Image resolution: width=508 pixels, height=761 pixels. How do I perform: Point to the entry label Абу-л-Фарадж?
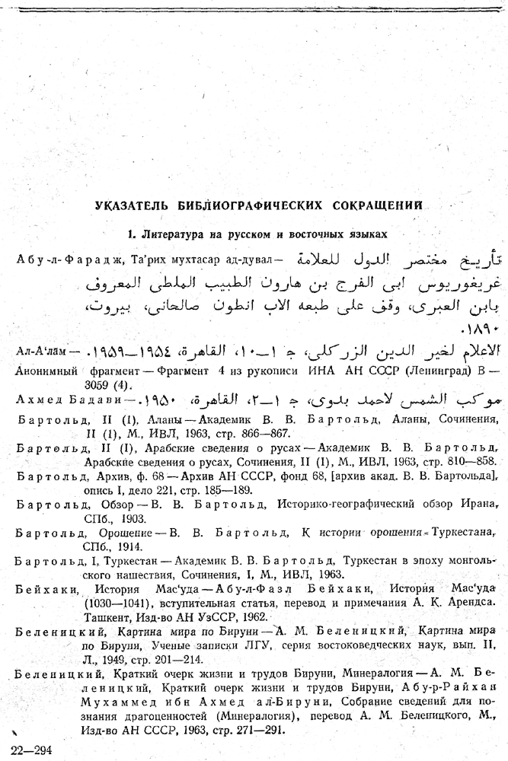59,259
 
